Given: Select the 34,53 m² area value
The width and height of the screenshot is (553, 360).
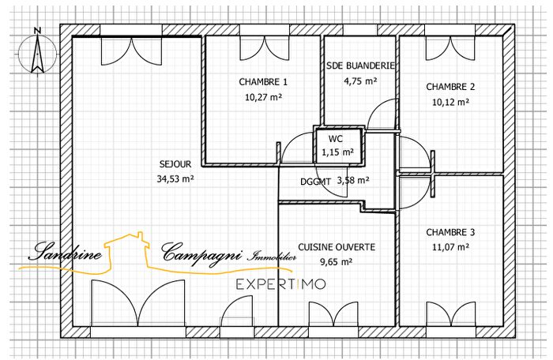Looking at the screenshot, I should point(175,178).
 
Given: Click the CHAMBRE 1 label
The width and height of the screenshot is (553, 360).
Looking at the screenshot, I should point(263,82).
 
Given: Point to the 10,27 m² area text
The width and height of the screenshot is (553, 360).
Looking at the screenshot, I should point(263,96).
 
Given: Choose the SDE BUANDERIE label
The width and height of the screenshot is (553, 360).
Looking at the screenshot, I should point(361,66).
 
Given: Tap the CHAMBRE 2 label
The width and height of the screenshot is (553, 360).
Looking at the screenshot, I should point(450,87).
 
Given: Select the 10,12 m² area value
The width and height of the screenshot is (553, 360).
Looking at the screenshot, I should point(450,101).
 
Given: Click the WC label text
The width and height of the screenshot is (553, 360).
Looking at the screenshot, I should point(337,137).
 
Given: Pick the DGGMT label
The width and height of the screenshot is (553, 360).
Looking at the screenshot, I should point(316,181).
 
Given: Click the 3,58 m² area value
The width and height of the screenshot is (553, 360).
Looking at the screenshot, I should point(353,180).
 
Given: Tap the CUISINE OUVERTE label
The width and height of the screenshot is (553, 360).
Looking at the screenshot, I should point(337,247).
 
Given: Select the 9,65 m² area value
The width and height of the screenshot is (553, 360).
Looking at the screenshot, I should point(337,261).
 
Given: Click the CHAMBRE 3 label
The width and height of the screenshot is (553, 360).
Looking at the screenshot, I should point(450,233).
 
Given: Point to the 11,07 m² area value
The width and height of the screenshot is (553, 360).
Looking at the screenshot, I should point(450,247).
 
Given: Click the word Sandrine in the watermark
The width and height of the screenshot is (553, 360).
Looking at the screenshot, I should point(65,253).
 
